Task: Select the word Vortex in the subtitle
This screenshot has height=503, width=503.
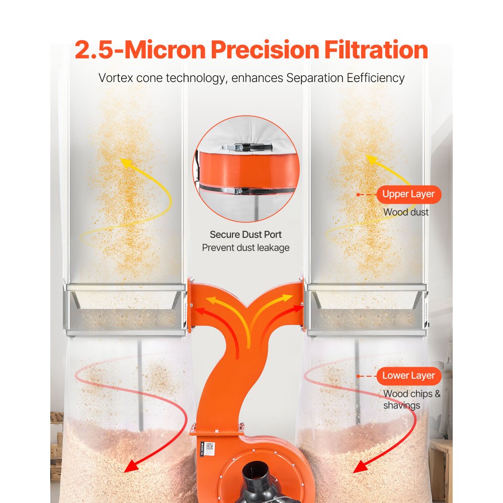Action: (x=115, y=78)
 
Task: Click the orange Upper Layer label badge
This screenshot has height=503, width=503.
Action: (x=408, y=194)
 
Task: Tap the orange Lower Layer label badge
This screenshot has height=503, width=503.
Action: (x=408, y=376)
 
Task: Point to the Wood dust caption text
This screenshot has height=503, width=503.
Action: (x=406, y=212)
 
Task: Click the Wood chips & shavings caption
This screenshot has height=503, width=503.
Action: (x=411, y=399)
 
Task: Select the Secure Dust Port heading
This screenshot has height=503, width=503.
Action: (x=245, y=234)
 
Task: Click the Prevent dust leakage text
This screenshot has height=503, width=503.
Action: (x=245, y=247)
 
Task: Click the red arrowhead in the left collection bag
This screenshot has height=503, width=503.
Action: (x=132, y=465)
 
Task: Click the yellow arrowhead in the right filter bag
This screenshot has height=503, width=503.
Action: (x=371, y=160)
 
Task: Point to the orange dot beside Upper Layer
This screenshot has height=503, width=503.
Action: (x=358, y=194)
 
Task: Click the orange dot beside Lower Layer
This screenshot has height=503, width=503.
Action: (x=358, y=376)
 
